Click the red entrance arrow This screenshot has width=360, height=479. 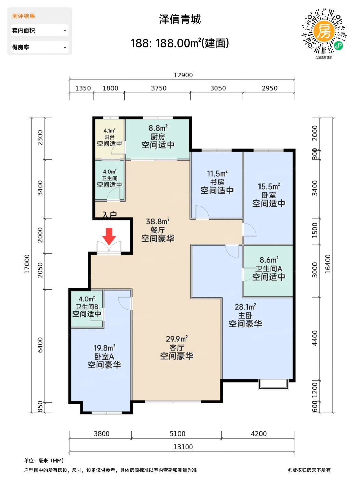click(x=109, y=236)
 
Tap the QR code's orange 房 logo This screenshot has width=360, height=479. click(x=324, y=31)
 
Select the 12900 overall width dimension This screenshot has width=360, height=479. click(x=183, y=75)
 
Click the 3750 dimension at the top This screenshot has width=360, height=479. click(x=159, y=88)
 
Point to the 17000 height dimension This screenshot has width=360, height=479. click(x=27, y=264)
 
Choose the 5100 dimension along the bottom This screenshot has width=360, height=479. click(x=177, y=433)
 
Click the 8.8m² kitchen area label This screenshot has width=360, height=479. click(x=158, y=128)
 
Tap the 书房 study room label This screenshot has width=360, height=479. click(x=217, y=182)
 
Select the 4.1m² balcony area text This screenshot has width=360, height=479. click(x=109, y=130)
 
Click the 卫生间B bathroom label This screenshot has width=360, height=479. click(x=87, y=307)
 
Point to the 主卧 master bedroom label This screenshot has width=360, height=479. click(x=245, y=315)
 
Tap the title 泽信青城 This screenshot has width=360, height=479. click(x=180, y=19)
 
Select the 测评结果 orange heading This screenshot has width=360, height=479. click(x=23, y=16)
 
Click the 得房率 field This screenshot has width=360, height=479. click(x=39, y=47)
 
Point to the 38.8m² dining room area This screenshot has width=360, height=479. click(x=158, y=221)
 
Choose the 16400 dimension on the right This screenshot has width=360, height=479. click(x=328, y=264)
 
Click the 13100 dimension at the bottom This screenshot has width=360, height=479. click(x=183, y=447)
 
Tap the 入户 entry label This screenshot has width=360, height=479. click(x=110, y=215)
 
